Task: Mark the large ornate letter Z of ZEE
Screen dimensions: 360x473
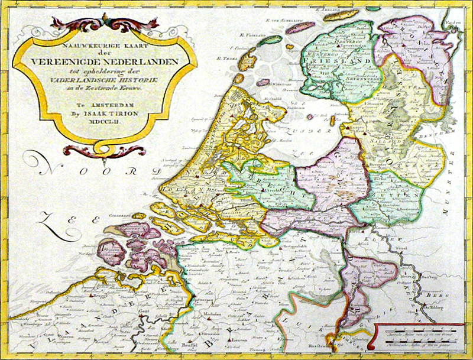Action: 47,223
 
